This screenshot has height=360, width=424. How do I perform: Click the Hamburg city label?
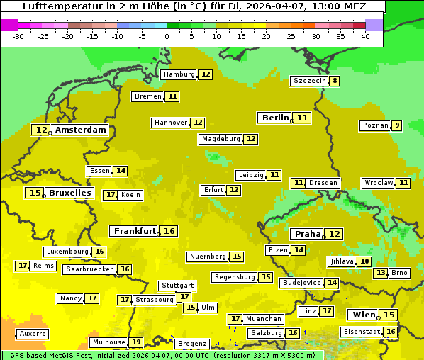(179, 74)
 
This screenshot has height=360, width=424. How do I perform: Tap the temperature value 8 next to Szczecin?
(335, 81)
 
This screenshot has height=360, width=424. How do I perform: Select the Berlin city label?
(275, 118)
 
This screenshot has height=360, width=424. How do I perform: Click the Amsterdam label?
(81, 130)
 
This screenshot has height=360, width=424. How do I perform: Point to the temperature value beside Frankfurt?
(169, 231)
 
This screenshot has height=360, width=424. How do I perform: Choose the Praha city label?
(308, 234)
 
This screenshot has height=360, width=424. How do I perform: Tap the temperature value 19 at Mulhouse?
(136, 342)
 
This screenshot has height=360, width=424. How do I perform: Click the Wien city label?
(363, 315)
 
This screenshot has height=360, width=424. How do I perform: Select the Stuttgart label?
(177, 286)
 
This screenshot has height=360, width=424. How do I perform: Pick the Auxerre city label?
(33, 333)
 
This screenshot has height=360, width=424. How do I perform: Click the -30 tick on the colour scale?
(18, 35)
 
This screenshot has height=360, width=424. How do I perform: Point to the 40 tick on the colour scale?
(365, 35)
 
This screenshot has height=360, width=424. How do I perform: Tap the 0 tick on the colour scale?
(167, 35)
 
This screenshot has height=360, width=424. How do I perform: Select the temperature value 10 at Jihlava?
(364, 261)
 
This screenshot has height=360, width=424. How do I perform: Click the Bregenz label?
(192, 344)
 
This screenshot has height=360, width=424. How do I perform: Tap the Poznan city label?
(375, 126)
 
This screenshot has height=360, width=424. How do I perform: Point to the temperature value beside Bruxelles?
(34, 193)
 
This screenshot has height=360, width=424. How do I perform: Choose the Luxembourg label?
(67, 252)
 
